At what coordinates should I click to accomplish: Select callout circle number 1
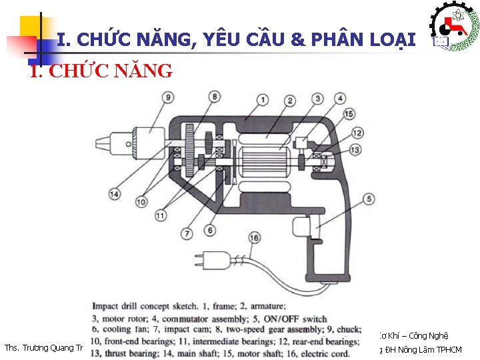263,101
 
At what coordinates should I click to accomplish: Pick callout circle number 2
289,101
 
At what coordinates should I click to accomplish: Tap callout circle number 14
115,194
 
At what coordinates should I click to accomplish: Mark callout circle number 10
142,201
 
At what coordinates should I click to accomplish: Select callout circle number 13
355,150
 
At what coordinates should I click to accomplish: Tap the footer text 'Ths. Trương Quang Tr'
43,349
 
